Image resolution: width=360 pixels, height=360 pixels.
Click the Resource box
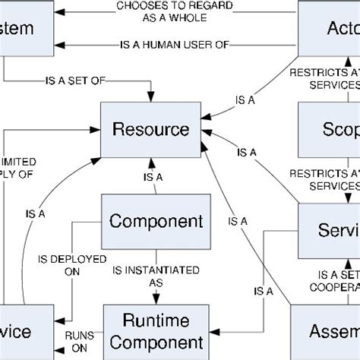coord(150,130)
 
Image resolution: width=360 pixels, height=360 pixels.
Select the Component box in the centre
coord(156,222)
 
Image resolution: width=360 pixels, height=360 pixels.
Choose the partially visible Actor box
coord(329,28)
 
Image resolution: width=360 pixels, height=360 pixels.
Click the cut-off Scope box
coord(329,128)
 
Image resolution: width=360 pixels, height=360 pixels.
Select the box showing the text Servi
coord(328,229)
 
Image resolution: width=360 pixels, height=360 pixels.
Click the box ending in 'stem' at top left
coord(27,28)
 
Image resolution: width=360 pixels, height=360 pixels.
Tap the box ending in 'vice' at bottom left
coord(27,332)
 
